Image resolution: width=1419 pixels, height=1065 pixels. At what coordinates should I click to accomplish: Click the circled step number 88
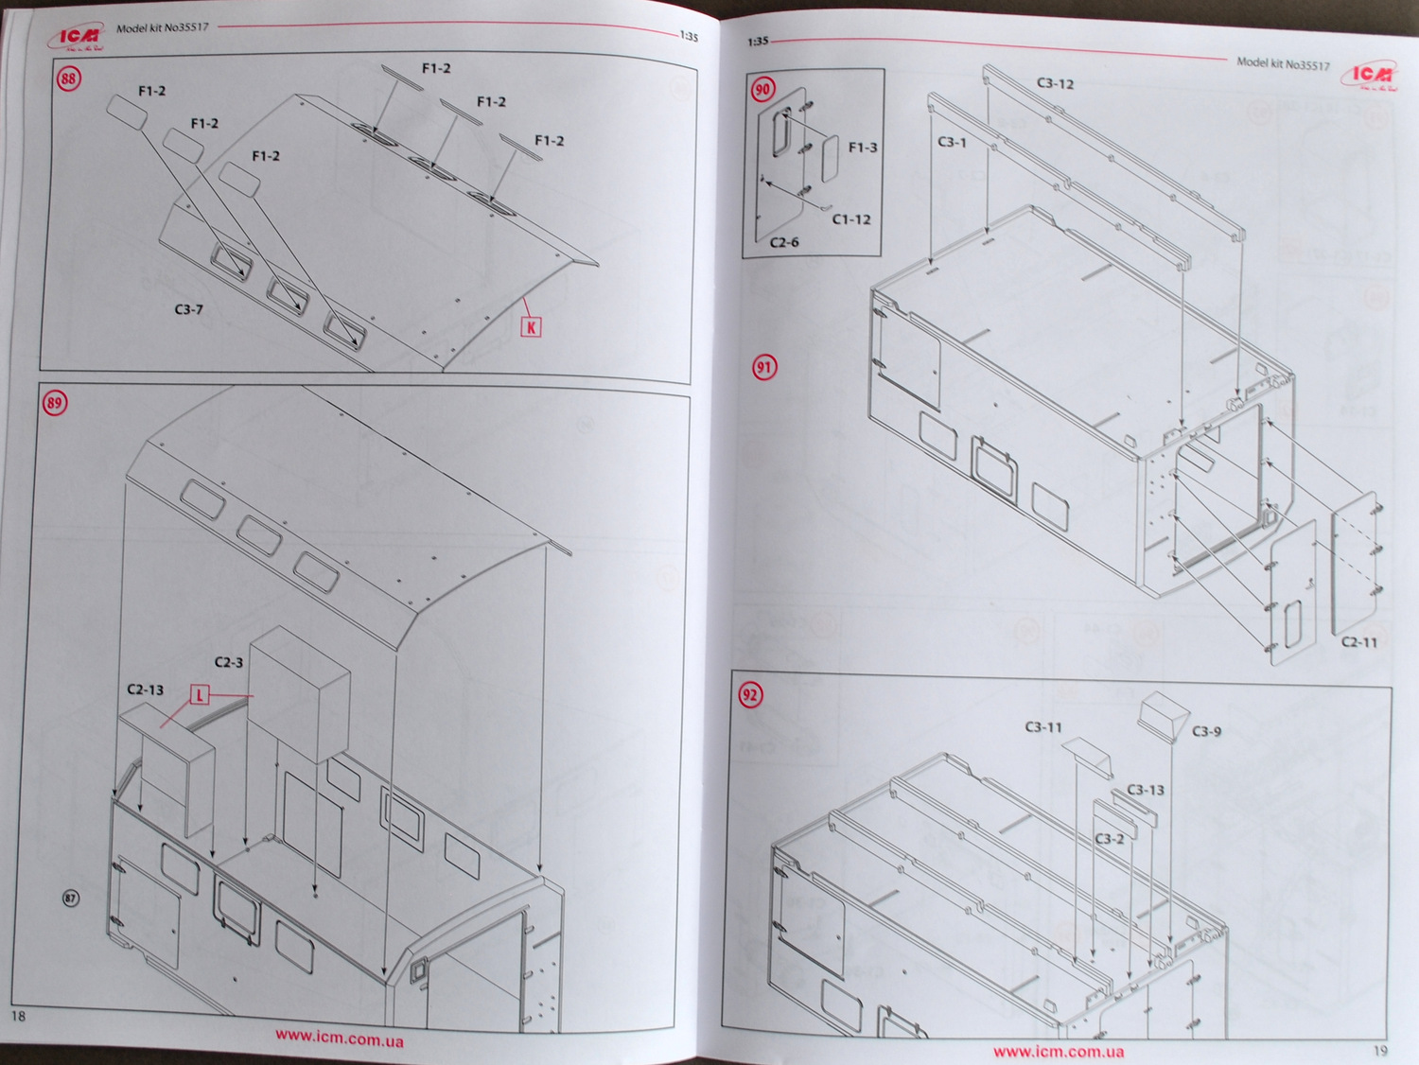click(x=68, y=79)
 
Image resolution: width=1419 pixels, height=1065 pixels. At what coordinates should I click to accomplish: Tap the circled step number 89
click(x=54, y=403)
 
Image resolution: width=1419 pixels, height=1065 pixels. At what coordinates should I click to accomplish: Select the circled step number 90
click(x=762, y=90)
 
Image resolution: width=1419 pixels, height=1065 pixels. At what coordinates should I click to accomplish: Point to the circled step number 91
click(x=764, y=367)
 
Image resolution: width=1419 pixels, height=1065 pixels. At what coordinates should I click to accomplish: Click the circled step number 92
click(x=750, y=695)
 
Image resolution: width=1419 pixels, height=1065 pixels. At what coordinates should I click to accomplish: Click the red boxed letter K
click(x=532, y=327)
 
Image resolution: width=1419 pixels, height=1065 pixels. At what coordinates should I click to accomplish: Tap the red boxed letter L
click(x=200, y=695)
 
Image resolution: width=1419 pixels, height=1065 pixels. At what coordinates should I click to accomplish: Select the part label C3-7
click(x=188, y=309)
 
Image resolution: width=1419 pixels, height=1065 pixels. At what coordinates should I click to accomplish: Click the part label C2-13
click(x=145, y=690)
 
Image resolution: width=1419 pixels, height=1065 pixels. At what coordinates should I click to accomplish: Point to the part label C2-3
click(x=229, y=662)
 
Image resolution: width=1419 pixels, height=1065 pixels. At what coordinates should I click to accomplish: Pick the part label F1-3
click(x=863, y=148)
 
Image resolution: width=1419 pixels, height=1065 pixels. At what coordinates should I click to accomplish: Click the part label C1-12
click(x=851, y=219)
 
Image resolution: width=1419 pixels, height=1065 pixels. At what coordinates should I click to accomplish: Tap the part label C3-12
click(x=1055, y=83)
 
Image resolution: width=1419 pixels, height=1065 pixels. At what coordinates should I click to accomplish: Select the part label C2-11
click(x=1359, y=642)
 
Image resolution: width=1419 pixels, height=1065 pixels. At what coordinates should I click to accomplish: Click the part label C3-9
click(x=1206, y=731)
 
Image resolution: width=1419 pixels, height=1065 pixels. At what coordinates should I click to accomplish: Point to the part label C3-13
click(x=1146, y=790)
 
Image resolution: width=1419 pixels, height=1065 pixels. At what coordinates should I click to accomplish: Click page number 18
click(x=18, y=1016)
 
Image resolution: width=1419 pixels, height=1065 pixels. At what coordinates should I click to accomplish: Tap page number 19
click(x=1380, y=1050)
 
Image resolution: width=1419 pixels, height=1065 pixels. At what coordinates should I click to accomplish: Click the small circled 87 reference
click(x=71, y=898)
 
